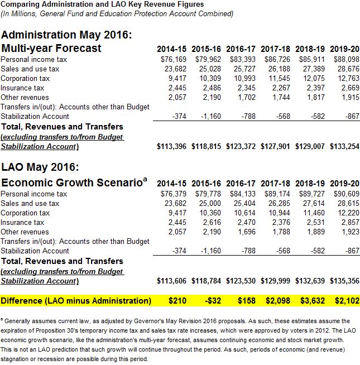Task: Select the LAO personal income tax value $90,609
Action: coord(345,194)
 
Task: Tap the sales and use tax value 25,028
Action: coord(207,69)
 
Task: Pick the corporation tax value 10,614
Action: coord(241,213)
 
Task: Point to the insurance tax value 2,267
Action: coord(276,88)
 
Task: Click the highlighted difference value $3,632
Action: coord(310,301)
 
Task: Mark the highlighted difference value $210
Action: coord(177,301)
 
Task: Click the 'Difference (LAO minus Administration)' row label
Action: coord(76,301)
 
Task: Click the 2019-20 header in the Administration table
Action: coord(344,49)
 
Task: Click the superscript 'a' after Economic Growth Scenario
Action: coord(145,179)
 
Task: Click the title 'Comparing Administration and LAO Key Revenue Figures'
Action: coord(103,4)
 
